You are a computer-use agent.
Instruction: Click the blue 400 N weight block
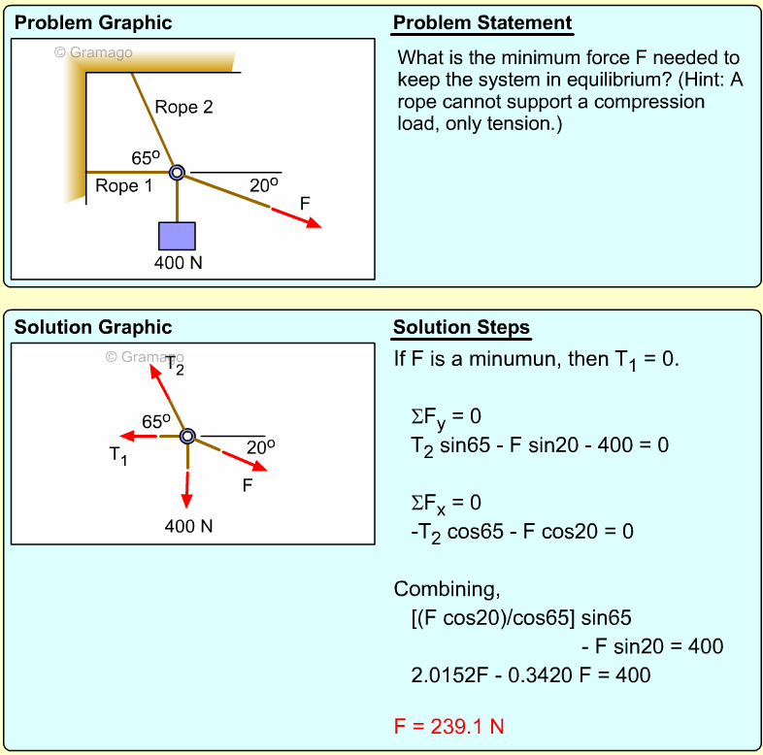pos(177,236)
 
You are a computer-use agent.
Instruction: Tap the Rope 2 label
pos(183,108)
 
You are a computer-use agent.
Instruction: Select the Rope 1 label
pos(123,186)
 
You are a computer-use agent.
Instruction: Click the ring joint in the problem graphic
pos(177,173)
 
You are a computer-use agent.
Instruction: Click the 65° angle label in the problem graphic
pos(146,158)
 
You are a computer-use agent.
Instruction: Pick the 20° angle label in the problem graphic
pos(263,184)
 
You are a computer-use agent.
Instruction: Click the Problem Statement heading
pos(482,23)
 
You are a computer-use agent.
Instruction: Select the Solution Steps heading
pos(461,328)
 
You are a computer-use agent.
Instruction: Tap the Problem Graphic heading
pos(93,23)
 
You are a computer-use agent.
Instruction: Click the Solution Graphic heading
pos(93,328)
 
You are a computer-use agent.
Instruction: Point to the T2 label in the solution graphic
pos(175,367)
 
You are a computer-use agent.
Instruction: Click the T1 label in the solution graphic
pos(117,454)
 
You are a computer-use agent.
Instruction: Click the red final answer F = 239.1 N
pos(448,726)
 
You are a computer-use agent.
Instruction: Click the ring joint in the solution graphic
pos(188,436)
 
